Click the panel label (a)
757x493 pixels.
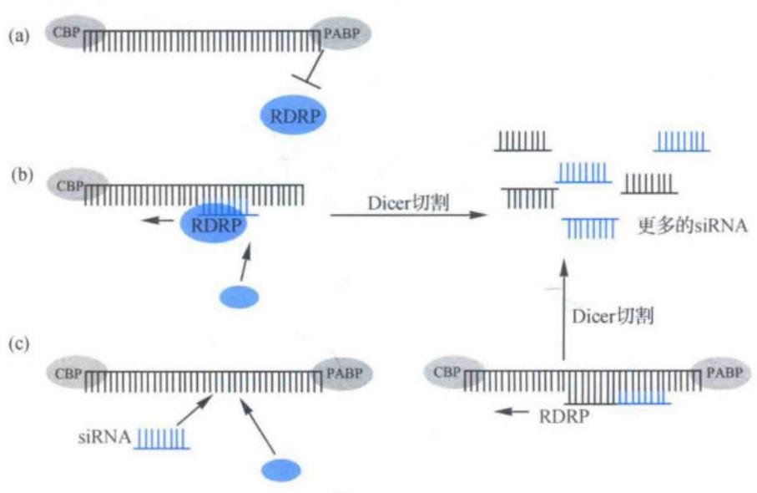(x=19, y=36)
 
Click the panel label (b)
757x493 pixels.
(x=22, y=175)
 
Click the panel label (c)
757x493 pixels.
(x=19, y=343)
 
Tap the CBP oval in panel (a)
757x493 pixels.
(x=75, y=33)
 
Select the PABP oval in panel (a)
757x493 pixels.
(x=341, y=33)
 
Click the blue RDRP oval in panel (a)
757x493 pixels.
(x=294, y=116)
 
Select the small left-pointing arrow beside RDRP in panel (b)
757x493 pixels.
(x=158, y=221)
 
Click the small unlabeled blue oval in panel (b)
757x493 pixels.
(x=239, y=297)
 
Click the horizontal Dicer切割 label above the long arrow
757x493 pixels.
(x=408, y=202)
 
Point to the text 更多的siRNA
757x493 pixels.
(x=692, y=226)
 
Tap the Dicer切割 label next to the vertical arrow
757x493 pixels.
(x=613, y=317)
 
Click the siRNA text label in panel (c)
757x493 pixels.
(x=104, y=437)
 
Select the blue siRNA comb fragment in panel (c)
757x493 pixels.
(x=162, y=439)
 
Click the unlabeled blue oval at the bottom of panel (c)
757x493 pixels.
(x=281, y=470)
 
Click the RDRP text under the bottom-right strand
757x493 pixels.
(x=564, y=416)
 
